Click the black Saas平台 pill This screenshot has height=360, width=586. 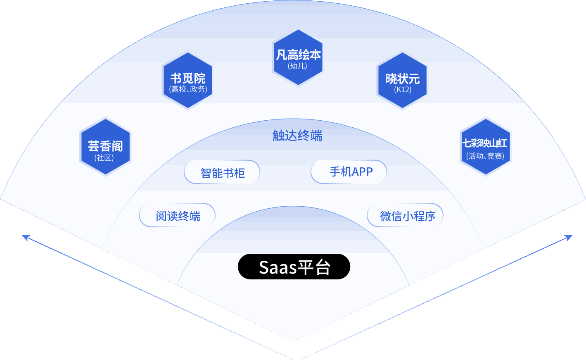click(294, 267)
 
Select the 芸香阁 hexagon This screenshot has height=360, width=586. click(105, 147)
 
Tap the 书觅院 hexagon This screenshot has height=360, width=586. click(187, 81)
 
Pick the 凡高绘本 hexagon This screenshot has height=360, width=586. click(298, 58)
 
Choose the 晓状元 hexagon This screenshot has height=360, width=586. click(402, 81)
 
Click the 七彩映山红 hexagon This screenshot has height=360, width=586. click(485, 147)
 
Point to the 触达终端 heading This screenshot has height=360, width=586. click(297, 136)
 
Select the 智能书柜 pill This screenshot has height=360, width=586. click(222, 172)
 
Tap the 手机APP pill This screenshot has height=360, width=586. click(349, 172)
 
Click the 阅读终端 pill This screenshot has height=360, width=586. click(178, 216)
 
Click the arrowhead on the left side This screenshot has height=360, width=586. click(24, 236)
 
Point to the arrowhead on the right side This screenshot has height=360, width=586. click(570, 236)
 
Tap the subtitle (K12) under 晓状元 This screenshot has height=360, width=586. click(403, 90)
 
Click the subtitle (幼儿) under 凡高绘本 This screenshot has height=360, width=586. click(298, 66)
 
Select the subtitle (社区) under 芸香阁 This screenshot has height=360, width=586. click(104, 158)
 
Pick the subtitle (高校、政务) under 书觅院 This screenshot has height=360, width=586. click(188, 89)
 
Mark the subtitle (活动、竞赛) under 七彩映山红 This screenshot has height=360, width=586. click(485, 156)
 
